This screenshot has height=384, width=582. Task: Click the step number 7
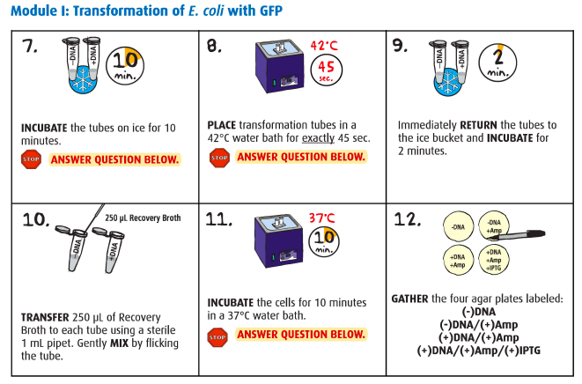(29, 47)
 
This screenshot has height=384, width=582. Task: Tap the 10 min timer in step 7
(125, 66)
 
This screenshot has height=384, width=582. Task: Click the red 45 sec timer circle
(326, 70)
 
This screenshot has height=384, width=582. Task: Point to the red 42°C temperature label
(324, 46)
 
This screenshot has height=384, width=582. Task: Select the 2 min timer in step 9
(497, 63)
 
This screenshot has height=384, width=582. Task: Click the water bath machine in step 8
(279, 66)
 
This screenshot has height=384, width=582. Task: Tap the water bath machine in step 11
(278, 241)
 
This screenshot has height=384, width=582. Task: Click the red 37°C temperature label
(322, 218)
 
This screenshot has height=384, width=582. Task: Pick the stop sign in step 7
(31, 159)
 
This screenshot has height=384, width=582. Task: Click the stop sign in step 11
(217, 337)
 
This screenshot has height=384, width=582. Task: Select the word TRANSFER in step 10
(45, 318)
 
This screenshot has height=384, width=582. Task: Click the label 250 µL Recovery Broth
(143, 218)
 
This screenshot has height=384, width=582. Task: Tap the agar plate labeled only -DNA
(459, 226)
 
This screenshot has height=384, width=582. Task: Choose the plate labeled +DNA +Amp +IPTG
(494, 260)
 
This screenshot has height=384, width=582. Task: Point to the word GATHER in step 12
(409, 299)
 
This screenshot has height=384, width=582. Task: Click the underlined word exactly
(318, 138)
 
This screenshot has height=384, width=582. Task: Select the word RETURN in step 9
(478, 125)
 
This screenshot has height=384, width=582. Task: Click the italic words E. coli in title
(206, 11)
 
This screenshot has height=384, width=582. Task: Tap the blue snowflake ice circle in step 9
(448, 83)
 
